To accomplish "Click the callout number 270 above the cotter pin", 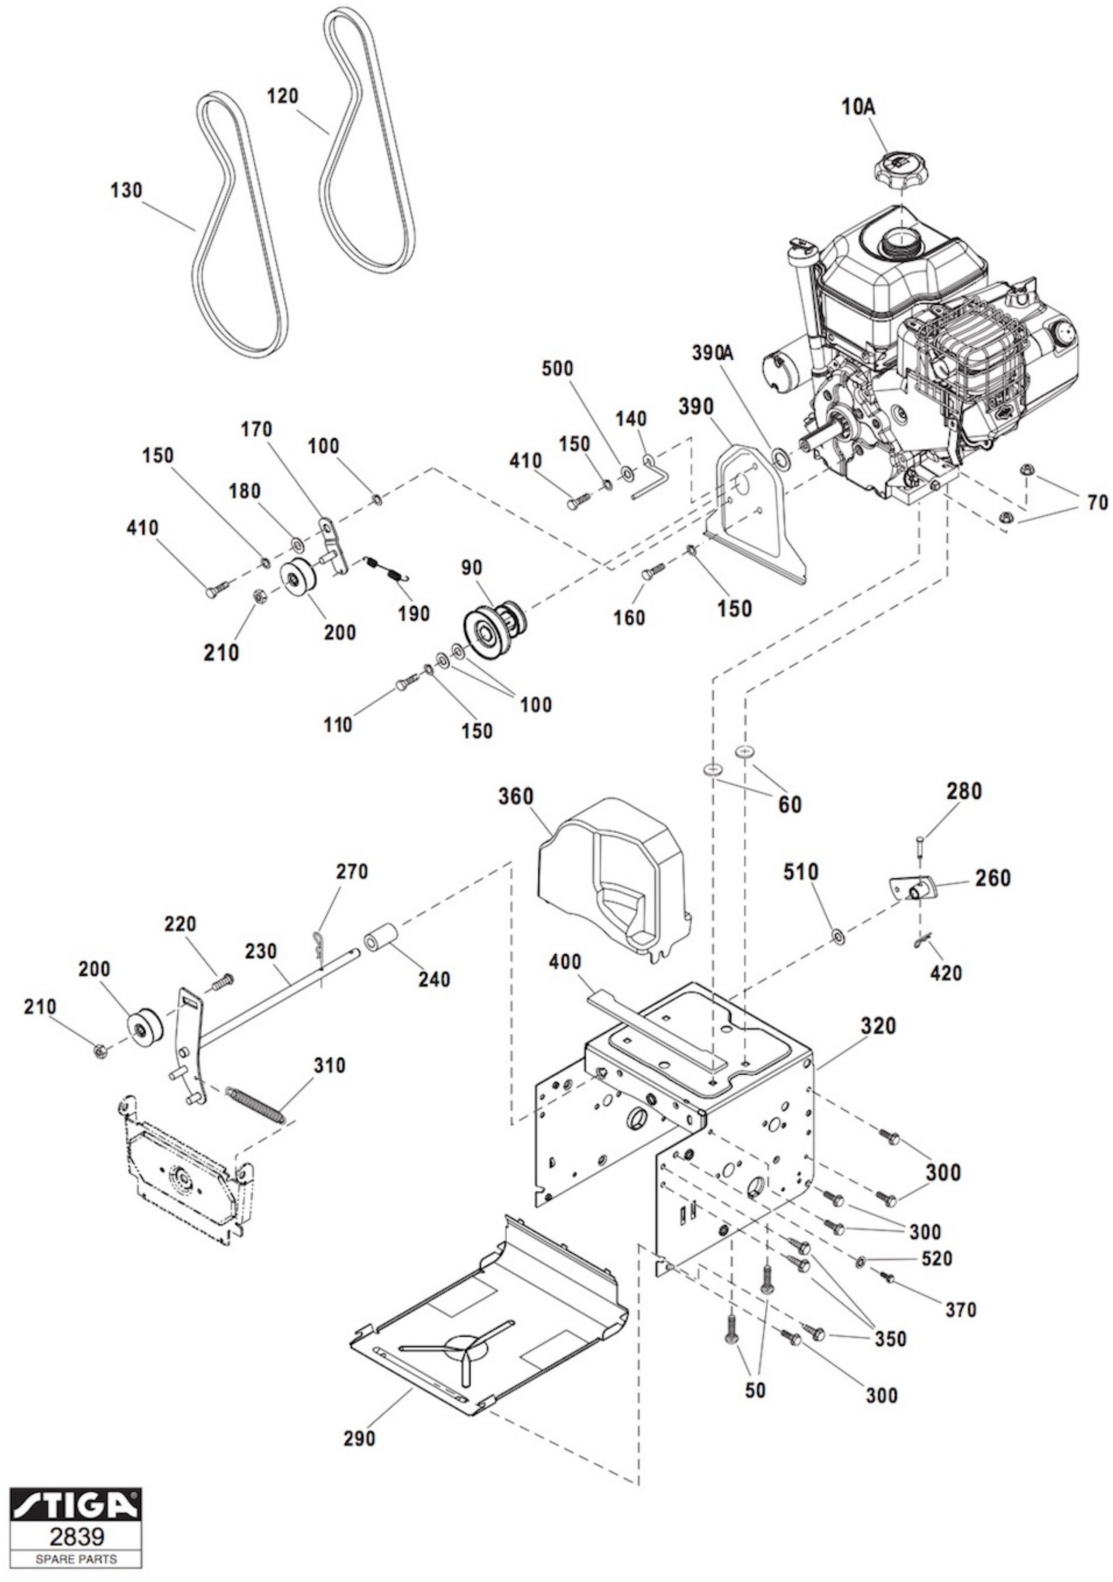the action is point(352,872).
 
